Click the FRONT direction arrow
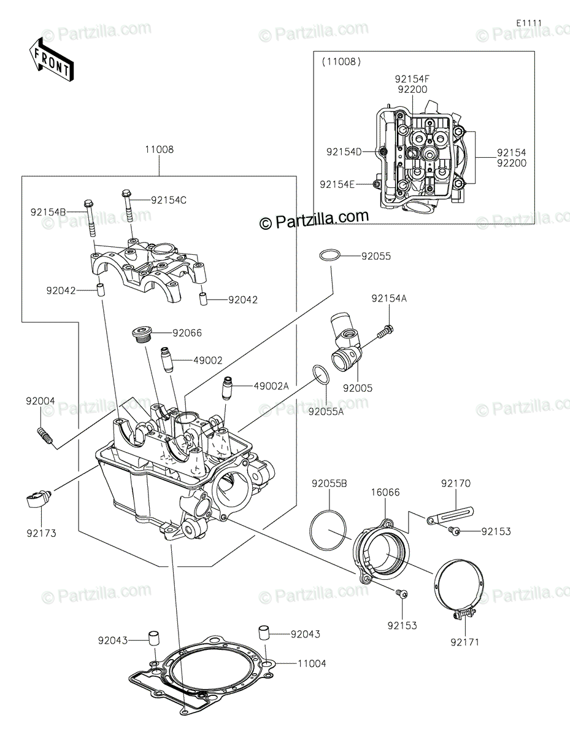51,60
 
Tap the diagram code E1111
529,23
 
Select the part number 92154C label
169,200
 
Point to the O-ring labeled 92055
329,255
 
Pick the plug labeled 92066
142,335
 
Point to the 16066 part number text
385,492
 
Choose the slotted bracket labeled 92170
450,515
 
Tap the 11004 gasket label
312,663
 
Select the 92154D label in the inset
344,152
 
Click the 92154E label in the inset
337,184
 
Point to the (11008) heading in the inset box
341,62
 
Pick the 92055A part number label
326,411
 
